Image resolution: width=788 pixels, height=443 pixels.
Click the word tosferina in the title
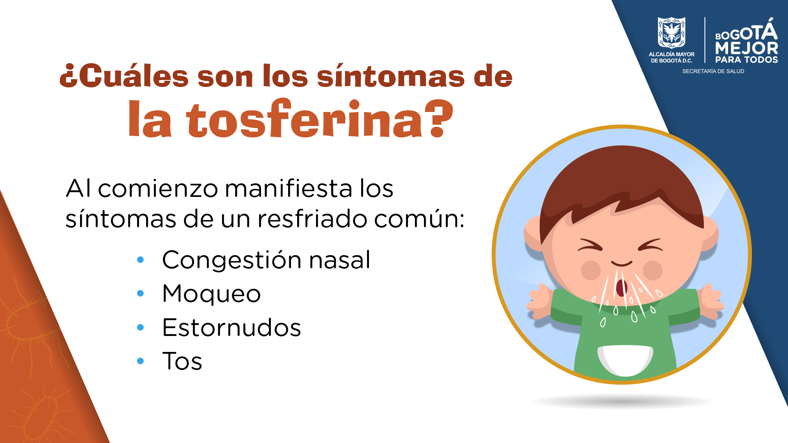pos(304,119)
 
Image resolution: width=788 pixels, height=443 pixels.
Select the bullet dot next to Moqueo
pos(140,293)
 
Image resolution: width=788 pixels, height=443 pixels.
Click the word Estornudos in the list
pos(231,327)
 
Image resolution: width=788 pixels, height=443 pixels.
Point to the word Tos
pos(182,361)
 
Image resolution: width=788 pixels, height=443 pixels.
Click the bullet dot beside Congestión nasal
pos(140,260)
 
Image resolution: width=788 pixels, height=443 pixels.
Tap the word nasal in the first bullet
pos(339,260)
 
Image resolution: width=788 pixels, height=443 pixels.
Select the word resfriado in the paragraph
pos(312,219)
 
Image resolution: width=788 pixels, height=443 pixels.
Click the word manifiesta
pos(289,189)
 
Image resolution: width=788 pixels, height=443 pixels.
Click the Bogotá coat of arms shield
pos(671,32)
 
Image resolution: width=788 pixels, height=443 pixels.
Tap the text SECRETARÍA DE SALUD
pos(713,71)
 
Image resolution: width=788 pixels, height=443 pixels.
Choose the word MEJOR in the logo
pos(747,48)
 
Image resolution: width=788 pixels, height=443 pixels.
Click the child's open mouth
pos(622,287)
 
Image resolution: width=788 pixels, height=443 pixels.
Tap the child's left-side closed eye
pos(590,244)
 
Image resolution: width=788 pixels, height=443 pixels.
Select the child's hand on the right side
pos(712,301)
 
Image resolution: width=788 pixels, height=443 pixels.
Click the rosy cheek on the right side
pos(653,270)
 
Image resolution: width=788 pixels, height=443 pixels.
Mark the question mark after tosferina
pos(438,118)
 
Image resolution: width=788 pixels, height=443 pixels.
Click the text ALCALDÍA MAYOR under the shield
pos(671,54)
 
